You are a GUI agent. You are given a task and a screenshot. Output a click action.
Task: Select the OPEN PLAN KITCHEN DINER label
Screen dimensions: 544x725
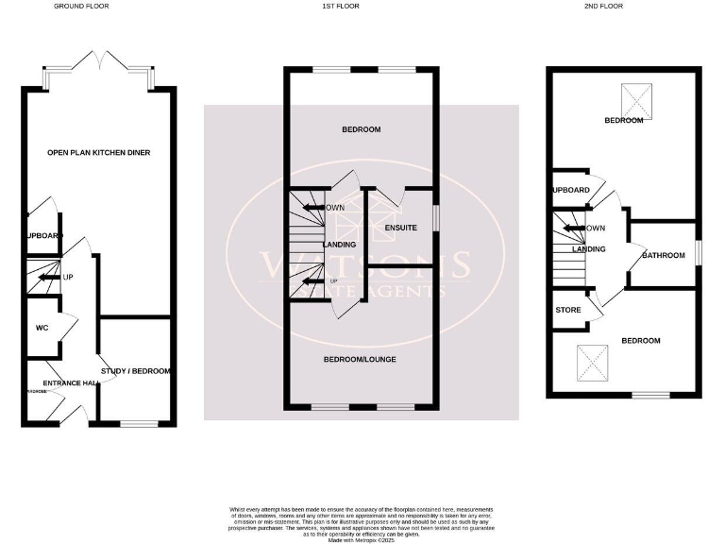pyautogui.click(x=99, y=152)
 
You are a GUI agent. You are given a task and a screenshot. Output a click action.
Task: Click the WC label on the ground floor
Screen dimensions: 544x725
pyautogui.click(x=42, y=328)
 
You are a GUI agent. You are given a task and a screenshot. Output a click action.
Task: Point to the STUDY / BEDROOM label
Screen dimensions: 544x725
pyautogui.click(x=136, y=371)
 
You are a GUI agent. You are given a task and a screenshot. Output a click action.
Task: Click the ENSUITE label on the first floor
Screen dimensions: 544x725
pyautogui.click(x=400, y=228)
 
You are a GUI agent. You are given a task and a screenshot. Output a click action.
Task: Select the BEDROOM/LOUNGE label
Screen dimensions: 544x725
pyautogui.click(x=360, y=360)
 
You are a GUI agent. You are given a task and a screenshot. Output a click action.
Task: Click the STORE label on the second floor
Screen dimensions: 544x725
pyautogui.click(x=568, y=309)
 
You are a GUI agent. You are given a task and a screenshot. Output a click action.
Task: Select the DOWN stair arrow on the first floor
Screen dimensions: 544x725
pyautogui.click(x=312, y=208)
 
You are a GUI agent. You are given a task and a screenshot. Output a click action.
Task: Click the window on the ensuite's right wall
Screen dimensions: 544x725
pyautogui.click(x=435, y=216)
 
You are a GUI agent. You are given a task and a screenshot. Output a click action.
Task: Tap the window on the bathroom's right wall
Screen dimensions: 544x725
pyautogui.click(x=699, y=253)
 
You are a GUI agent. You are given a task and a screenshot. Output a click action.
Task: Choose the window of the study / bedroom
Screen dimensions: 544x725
pyautogui.click(x=139, y=424)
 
